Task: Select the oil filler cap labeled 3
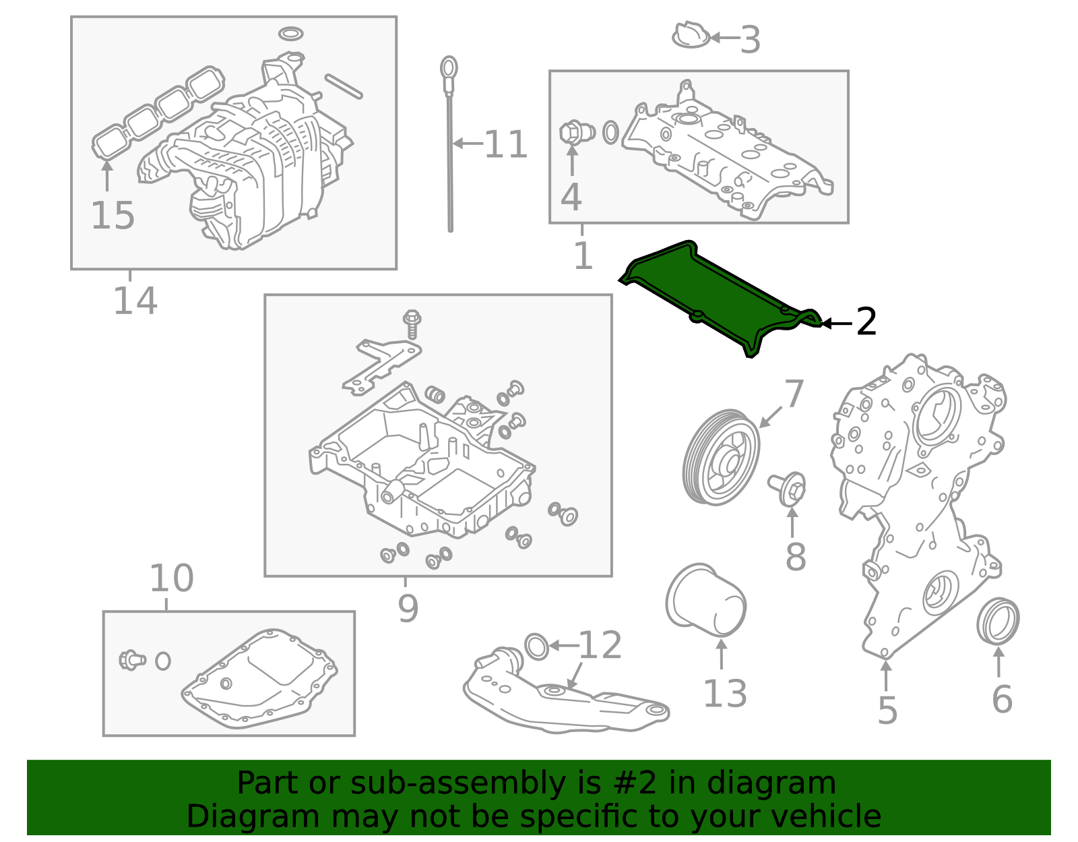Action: [x=691, y=36]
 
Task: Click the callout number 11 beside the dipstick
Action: [x=505, y=144]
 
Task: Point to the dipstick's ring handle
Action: [x=449, y=68]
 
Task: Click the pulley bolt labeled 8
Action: [x=788, y=488]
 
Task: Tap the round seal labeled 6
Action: [x=998, y=620]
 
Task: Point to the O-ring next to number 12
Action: [x=536, y=646]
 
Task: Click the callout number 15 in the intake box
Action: [x=113, y=216]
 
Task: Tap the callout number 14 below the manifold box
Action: [x=135, y=301]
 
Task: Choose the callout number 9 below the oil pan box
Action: [x=408, y=608]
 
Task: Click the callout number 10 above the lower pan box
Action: [x=171, y=578]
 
